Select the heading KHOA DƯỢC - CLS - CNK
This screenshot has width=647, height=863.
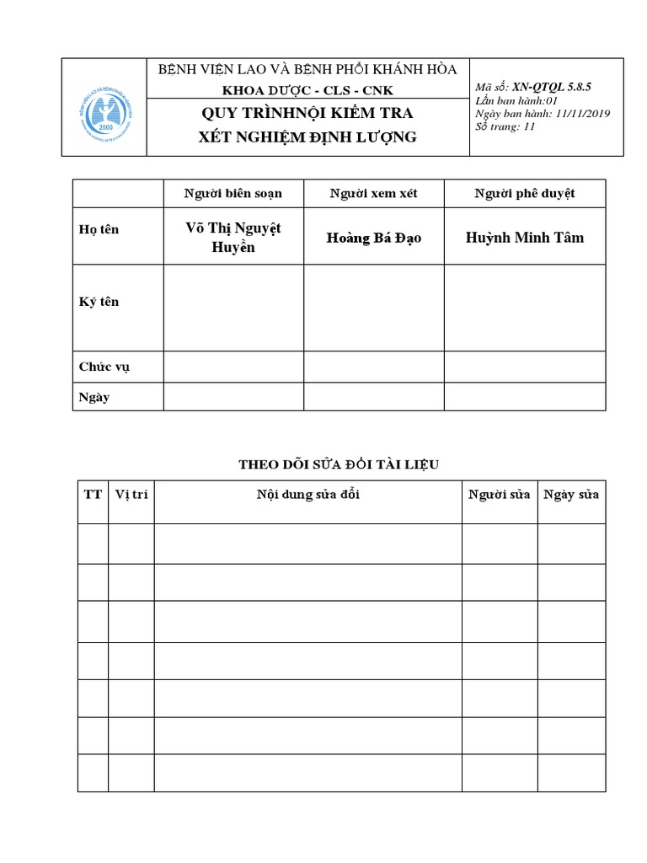click(307, 90)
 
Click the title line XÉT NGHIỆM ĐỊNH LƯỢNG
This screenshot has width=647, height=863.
click(307, 137)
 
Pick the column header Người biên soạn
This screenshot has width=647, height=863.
click(233, 194)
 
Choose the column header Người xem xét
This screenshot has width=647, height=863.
click(373, 194)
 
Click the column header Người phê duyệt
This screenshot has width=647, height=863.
click(524, 194)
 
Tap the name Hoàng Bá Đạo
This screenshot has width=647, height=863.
click(373, 238)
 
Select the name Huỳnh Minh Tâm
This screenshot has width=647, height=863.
click(524, 237)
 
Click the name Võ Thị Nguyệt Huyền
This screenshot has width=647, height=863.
click(233, 237)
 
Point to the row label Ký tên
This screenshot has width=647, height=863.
click(99, 302)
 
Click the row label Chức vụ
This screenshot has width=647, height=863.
click(104, 367)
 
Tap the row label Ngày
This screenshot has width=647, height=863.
click(94, 397)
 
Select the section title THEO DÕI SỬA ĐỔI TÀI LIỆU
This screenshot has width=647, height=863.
click(339, 464)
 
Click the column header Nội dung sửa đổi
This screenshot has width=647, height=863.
click(307, 495)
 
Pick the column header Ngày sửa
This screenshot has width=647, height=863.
click(571, 495)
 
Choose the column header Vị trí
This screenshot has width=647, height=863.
click(131, 495)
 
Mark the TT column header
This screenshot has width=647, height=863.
click(92, 495)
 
